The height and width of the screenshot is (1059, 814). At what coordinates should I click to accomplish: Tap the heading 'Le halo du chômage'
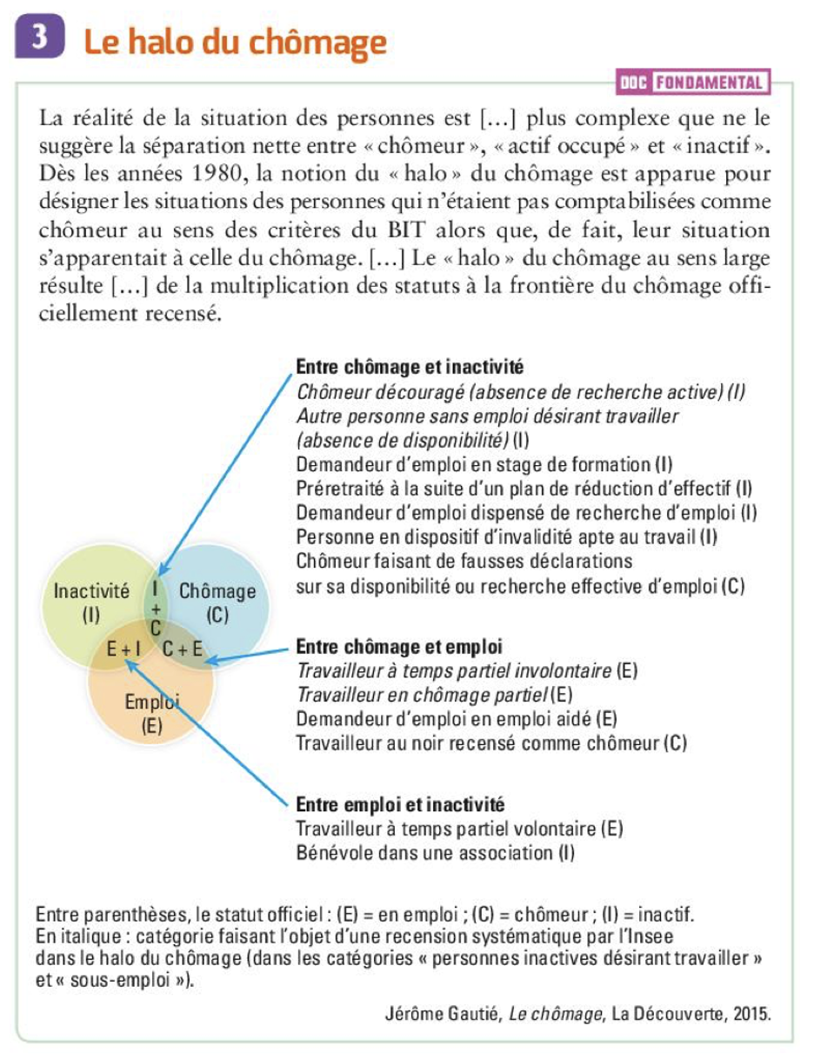pos(235,42)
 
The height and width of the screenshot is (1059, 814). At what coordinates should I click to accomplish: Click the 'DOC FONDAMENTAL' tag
pos(693,83)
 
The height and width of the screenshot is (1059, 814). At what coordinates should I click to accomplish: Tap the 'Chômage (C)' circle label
pos(217,603)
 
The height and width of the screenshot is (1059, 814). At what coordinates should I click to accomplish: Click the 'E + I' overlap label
pos(123,648)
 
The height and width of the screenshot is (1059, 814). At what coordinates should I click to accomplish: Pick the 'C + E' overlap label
pos(183,648)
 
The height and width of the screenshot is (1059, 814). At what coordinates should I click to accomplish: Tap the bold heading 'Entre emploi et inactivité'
pos(401,804)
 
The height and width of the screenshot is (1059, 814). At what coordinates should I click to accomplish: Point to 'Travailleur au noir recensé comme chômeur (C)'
pos(492,743)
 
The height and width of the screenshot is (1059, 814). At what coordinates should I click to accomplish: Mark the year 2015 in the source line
pos(751,1014)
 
